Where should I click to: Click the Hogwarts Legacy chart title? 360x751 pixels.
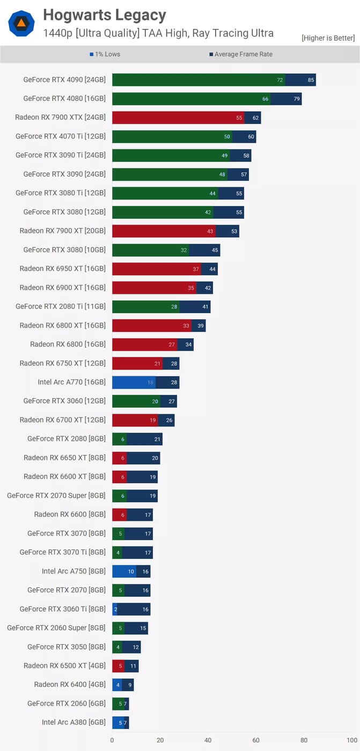point(105,15)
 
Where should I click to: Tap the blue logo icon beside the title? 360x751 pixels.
point(21,23)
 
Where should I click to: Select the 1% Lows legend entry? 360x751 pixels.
point(105,54)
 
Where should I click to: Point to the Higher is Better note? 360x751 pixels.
point(328,38)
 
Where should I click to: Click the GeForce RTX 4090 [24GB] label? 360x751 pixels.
point(64,79)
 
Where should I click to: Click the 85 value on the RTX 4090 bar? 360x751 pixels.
point(311,80)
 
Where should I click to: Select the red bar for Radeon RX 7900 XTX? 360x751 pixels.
point(178,117)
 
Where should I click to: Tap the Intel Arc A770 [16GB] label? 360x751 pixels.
point(71,382)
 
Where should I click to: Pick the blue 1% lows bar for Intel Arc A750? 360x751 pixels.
point(123,571)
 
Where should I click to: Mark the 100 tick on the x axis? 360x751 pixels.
point(352,740)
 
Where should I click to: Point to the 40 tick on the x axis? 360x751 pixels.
point(208,740)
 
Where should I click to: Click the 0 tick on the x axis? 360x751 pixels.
point(112,740)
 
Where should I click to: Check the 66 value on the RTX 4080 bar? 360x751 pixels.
point(265,99)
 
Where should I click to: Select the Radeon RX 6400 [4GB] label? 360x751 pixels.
point(70,684)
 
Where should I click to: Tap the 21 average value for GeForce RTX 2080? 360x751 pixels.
point(157,439)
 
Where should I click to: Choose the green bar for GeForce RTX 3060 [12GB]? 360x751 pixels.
point(136,401)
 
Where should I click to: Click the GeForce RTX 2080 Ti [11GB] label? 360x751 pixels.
point(61,306)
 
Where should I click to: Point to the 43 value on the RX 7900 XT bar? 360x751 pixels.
point(210,231)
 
